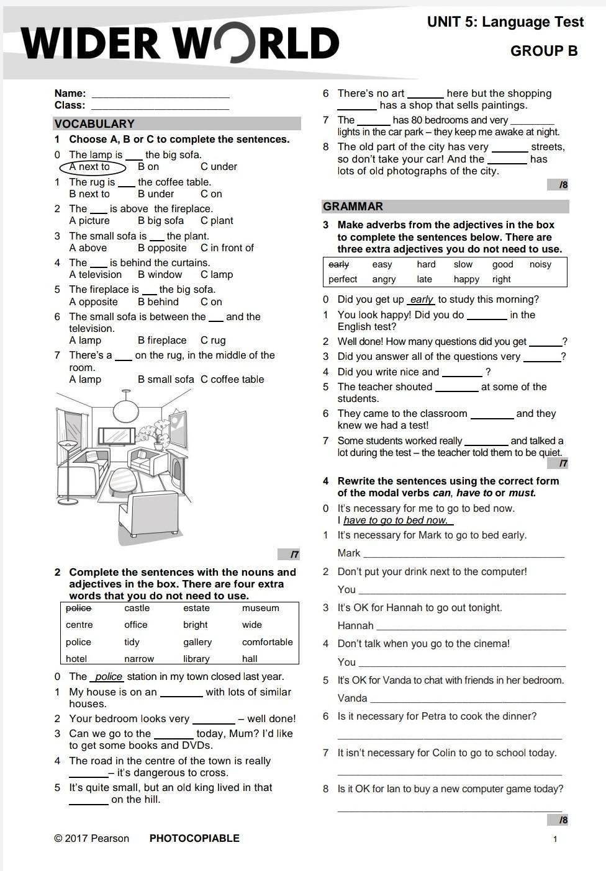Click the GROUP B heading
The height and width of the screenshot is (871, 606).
click(x=544, y=51)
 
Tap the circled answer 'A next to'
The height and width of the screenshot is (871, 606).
click(x=92, y=167)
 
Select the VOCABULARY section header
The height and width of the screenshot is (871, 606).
click(x=94, y=123)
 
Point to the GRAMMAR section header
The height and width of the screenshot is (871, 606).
click(x=353, y=207)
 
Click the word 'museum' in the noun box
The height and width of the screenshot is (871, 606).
click(x=260, y=608)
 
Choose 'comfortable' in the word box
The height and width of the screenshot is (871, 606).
click(x=267, y=642)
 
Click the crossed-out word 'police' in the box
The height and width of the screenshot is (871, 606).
click(x=78, y=608)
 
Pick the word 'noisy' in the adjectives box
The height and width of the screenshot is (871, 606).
click(x=540, y=264)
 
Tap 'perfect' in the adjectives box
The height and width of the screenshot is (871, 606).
click(x=343, y=279)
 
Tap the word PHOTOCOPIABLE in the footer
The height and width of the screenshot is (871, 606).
click(x=194, y=838)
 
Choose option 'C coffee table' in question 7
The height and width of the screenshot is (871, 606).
click(x=232, y=380)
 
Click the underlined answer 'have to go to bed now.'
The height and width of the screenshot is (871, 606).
click(x=396, y=520)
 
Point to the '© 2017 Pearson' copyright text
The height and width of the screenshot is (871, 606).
click(x=91, y=838)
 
